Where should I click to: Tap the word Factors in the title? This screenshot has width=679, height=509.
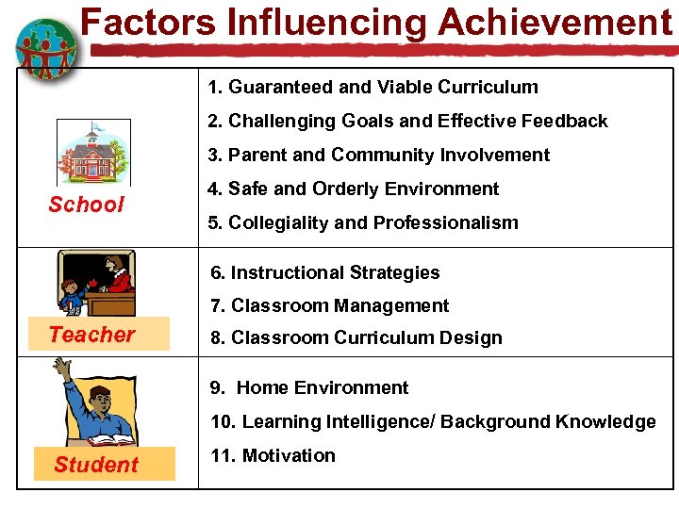139,22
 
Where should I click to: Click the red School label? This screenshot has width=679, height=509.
86,205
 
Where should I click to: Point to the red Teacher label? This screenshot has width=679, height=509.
91,334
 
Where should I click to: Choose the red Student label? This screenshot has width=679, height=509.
95,465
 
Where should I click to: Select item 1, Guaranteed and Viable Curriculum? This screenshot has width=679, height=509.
373,88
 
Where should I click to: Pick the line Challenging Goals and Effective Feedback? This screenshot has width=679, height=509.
408,121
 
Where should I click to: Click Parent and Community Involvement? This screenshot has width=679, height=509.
379,155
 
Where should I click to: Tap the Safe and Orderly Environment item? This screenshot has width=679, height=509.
354,189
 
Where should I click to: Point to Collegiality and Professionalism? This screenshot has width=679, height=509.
363,222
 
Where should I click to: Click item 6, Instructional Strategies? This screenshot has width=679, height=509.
325,272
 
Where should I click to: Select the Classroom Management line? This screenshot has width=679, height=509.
330,305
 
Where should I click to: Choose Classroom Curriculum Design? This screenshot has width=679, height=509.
356,337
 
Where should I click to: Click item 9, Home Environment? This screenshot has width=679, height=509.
309,387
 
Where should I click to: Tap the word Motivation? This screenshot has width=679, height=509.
289,455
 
